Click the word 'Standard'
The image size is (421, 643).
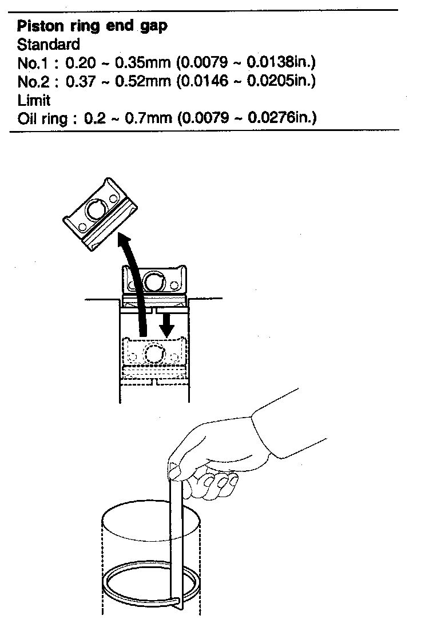coord(49,45)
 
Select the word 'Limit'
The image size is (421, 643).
coord(34,100)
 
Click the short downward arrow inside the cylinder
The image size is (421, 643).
coord(166,324)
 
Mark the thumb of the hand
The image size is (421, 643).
coord(182,470)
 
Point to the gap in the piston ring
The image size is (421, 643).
coord(179,601)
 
